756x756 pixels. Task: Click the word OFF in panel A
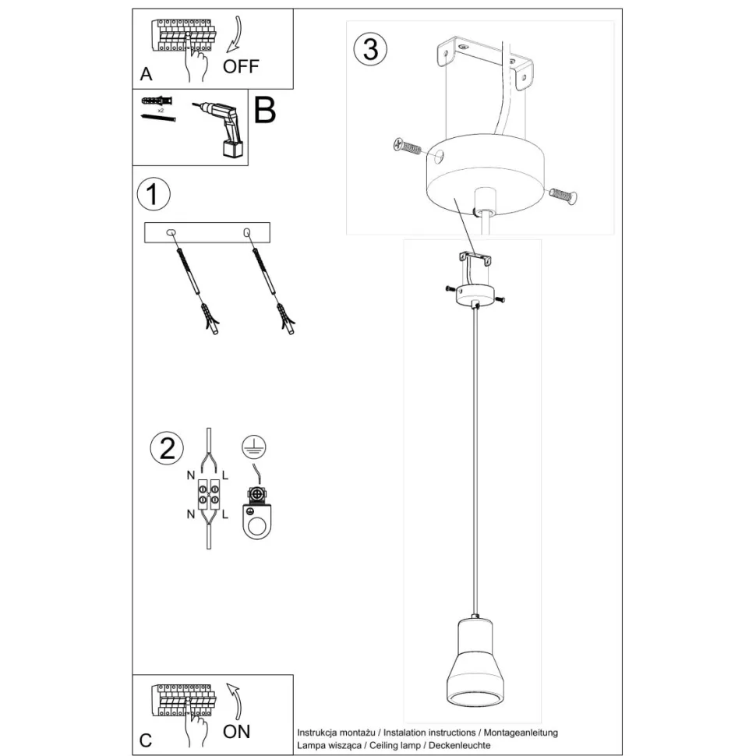pos(241,66)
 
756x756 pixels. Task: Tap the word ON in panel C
pos(236,732)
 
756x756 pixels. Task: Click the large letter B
pos(265,111)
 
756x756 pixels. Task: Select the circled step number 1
pos(154,194)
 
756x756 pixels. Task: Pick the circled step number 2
pos(167,448)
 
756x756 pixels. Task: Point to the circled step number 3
pos(370,49)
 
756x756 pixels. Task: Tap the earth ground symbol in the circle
pos(254,447)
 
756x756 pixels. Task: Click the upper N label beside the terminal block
pos(191,476)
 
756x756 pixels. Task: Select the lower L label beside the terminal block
pos(225,514)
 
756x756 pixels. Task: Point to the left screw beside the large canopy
pos(407,146)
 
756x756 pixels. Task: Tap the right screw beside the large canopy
pos(563,196)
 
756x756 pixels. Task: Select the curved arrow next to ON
pos(236,701)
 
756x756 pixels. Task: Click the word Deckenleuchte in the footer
pos(460,745)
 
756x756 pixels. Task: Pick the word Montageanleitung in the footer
pos(521,733)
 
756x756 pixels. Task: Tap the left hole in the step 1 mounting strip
pos(171,233)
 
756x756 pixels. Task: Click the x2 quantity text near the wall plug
pos(161,111)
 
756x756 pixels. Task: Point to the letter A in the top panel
pos(146,74)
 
